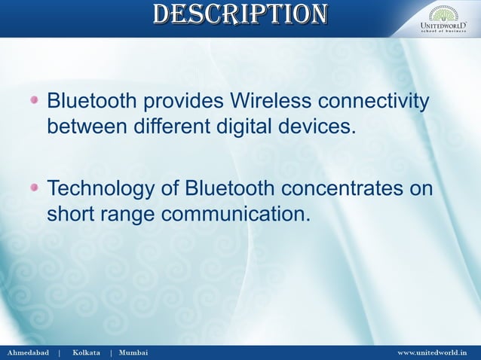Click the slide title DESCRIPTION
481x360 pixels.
tap(240, 14)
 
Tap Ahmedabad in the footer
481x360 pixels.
tap(28, 352)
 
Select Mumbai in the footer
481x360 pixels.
tap(133, 352)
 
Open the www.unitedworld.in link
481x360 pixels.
tap(432, 352)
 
